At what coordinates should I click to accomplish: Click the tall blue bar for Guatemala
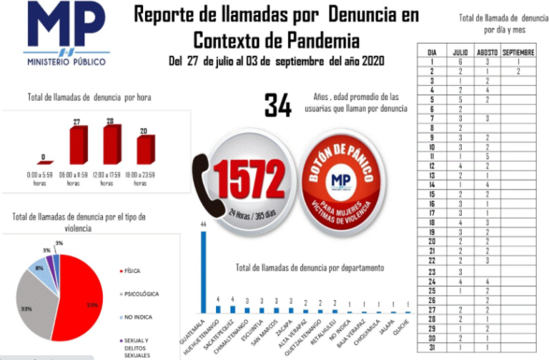203,272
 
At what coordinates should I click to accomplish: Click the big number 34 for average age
278,106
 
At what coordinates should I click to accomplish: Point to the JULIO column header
460,53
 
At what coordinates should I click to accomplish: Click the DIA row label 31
432,346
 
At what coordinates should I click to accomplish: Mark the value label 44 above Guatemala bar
203,224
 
